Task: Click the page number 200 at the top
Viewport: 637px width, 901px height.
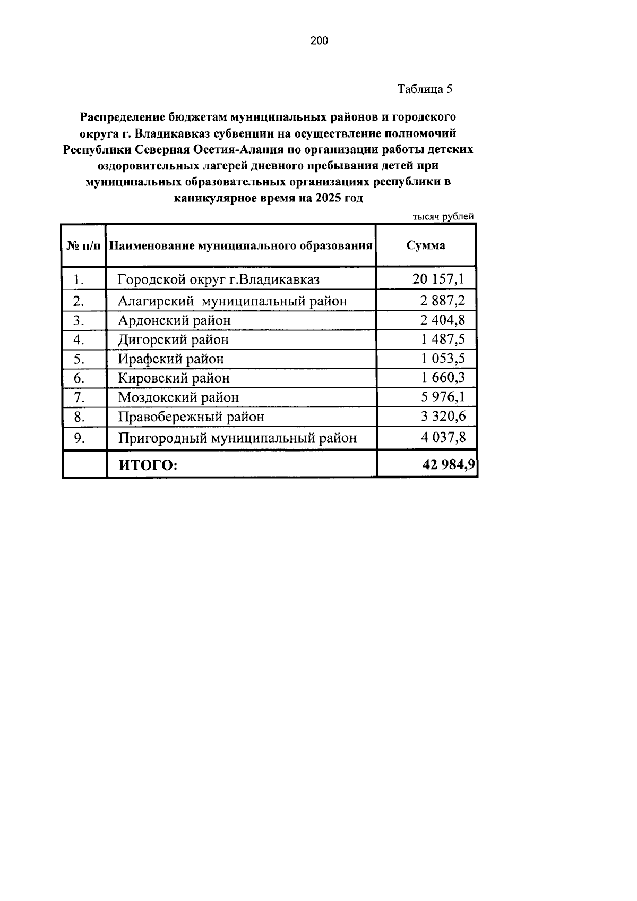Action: coord(319,40)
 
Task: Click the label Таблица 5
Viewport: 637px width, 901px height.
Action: coord(425,89)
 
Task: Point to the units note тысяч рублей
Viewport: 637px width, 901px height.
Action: coord(443,216)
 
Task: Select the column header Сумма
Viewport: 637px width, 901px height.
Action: coord(426,245)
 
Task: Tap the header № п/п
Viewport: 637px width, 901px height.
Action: coord(84,245)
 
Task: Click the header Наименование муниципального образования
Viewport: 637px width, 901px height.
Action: coord(240,245)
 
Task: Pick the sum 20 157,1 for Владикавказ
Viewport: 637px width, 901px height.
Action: coord(438,278)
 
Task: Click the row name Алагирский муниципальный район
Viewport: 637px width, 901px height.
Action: coord(232,301)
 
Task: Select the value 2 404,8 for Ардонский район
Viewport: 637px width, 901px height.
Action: coord(443,320)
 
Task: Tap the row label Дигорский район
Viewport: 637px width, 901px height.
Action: coord(173,339)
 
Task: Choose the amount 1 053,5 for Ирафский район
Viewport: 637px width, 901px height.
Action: coord(443,358)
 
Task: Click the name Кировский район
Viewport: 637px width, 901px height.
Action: coord(174,378)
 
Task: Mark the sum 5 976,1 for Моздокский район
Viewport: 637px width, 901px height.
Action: coord(443,396)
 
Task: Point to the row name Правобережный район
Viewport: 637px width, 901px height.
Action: coord(191,416)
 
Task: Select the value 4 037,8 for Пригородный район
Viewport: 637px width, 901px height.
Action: coord(443,437)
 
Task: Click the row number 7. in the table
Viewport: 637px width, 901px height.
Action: coord(80,397)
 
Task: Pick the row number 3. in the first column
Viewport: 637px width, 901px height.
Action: coord(80,320)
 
